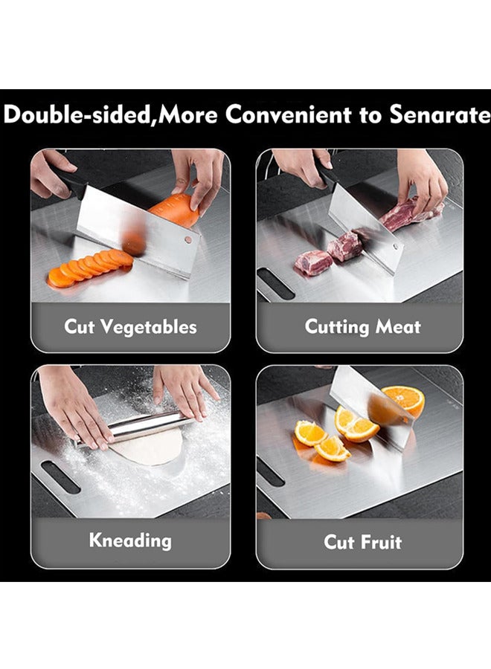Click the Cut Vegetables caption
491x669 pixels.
pyautogui.click(x=130, y=326)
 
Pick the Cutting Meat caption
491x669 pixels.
pyautogui.click(x=363, y=326)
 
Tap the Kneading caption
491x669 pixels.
pyautogui.click(x=130, y=540)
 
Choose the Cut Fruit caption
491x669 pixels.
pyautogui.click(x=363, y=541)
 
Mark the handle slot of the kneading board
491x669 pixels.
pyautogui.click(x=60, y=476)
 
